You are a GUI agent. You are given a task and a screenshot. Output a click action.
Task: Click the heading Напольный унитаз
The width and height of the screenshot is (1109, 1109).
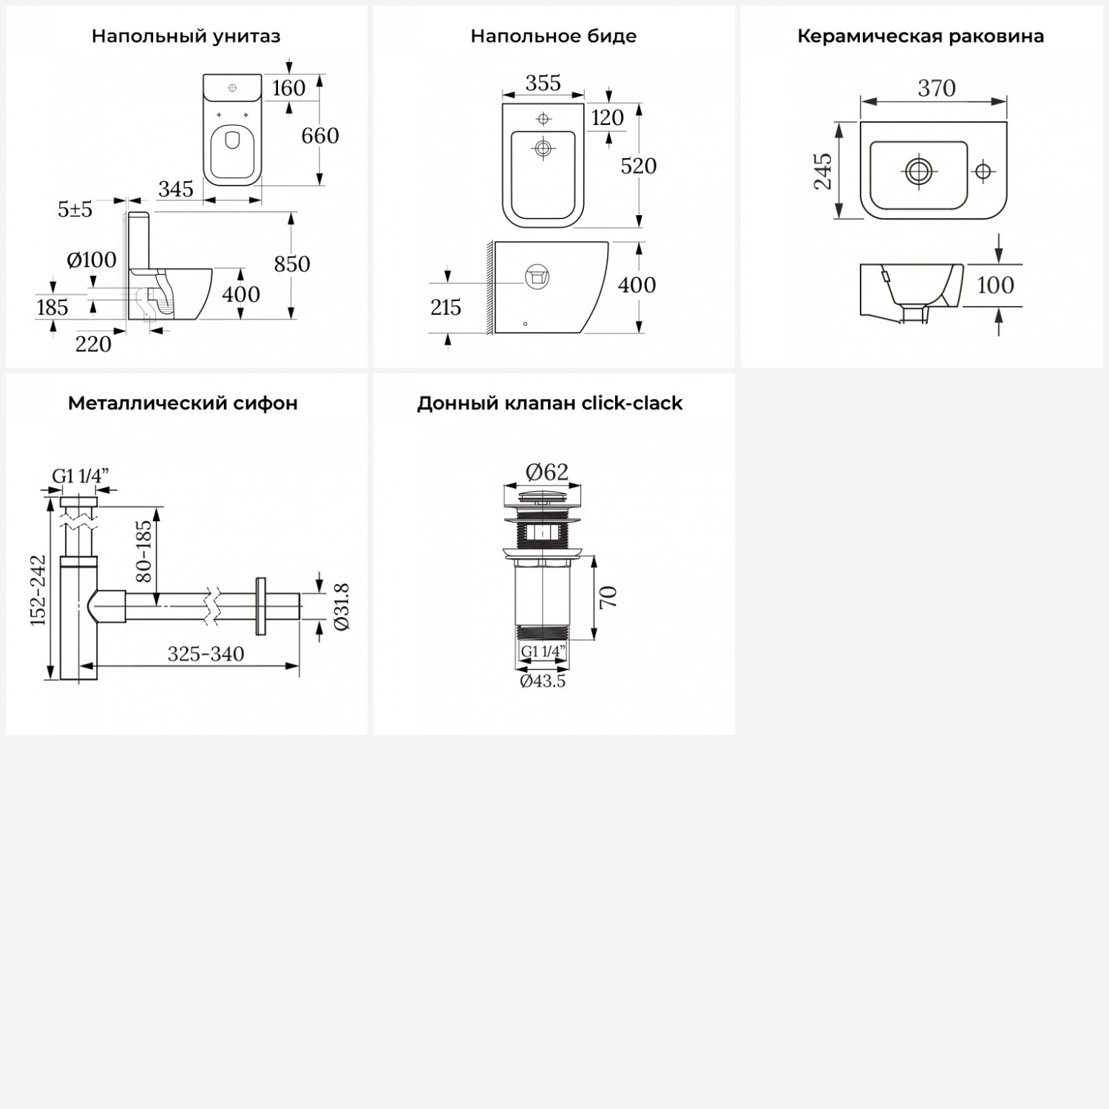(x=186, y=36)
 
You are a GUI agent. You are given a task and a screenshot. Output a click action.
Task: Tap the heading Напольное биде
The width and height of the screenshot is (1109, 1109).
(x=553, y=36)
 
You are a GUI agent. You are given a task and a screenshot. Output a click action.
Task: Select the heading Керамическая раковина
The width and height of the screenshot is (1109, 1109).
(x=920, y=36)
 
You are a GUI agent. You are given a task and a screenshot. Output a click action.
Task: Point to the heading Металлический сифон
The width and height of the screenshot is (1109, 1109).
(x=183, y=403)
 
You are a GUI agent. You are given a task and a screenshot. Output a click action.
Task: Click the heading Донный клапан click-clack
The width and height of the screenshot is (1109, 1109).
(x=549, y=403)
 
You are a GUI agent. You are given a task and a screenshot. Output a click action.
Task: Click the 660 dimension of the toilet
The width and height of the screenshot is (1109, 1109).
(x=319, y=136)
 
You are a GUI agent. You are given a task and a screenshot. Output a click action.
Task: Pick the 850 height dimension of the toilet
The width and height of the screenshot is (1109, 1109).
(x=291, y=264)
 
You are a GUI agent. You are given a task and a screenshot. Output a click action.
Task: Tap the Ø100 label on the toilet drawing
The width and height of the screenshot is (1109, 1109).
(x=91, y=260)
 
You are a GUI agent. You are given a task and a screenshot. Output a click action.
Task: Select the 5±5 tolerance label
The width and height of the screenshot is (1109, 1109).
(x=75, y=210)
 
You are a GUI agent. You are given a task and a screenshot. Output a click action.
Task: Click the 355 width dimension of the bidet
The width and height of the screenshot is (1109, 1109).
(x=543, y=84)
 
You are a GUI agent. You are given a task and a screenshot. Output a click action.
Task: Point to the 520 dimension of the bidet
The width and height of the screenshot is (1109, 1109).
(x=638, y=166)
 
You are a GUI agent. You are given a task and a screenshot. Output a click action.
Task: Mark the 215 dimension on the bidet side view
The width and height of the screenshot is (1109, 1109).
(x=445, y=308)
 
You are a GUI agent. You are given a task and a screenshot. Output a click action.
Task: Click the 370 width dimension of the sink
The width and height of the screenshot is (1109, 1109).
(x=936, y=89)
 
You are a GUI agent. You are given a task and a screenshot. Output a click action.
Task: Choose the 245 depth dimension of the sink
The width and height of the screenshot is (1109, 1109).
(x=823, y=172)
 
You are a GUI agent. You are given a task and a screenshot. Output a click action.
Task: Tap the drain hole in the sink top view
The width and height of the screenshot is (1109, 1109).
(x=918, y=172)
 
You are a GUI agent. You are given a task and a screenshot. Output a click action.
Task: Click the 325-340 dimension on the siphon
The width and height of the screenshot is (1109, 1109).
(x=206, y=654)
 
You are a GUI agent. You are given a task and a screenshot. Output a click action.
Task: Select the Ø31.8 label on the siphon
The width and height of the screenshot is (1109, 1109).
(x=342, y=607)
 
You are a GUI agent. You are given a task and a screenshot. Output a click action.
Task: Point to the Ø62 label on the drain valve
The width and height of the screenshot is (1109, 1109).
(x=546, y=472)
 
